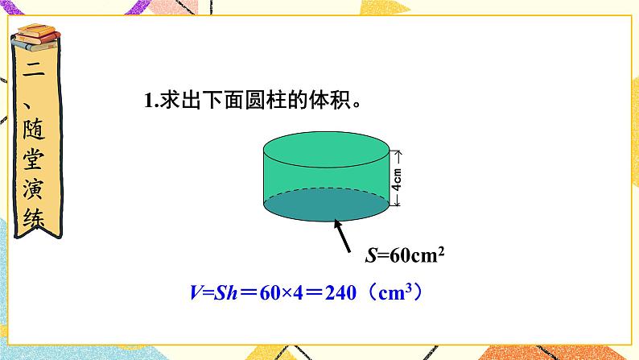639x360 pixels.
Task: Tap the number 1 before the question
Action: point(148,101)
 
